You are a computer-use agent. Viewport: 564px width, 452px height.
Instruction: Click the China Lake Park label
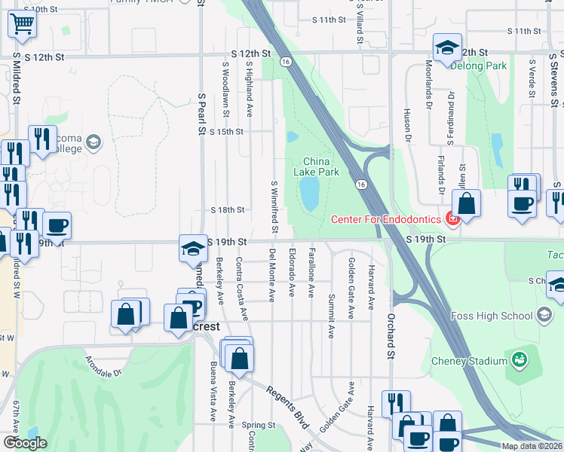tap(322, 166)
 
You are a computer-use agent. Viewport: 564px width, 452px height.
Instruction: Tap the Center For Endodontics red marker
tap(452, 219)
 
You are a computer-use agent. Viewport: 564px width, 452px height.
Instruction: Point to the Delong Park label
tap(478, 66)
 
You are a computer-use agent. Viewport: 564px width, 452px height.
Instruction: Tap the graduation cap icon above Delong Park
tap(447, 47)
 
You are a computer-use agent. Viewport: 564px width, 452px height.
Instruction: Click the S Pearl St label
tap(202, 114)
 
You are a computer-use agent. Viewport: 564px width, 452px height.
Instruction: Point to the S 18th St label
tap(228, 210)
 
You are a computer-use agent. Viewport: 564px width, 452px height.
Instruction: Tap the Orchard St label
tap(391, 332)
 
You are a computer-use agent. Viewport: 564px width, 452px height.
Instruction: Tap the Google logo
tap(25, 443)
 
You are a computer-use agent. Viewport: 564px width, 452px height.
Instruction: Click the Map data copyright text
tap(532, 446)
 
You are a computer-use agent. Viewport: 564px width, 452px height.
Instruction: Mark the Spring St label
tap(258, 425)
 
